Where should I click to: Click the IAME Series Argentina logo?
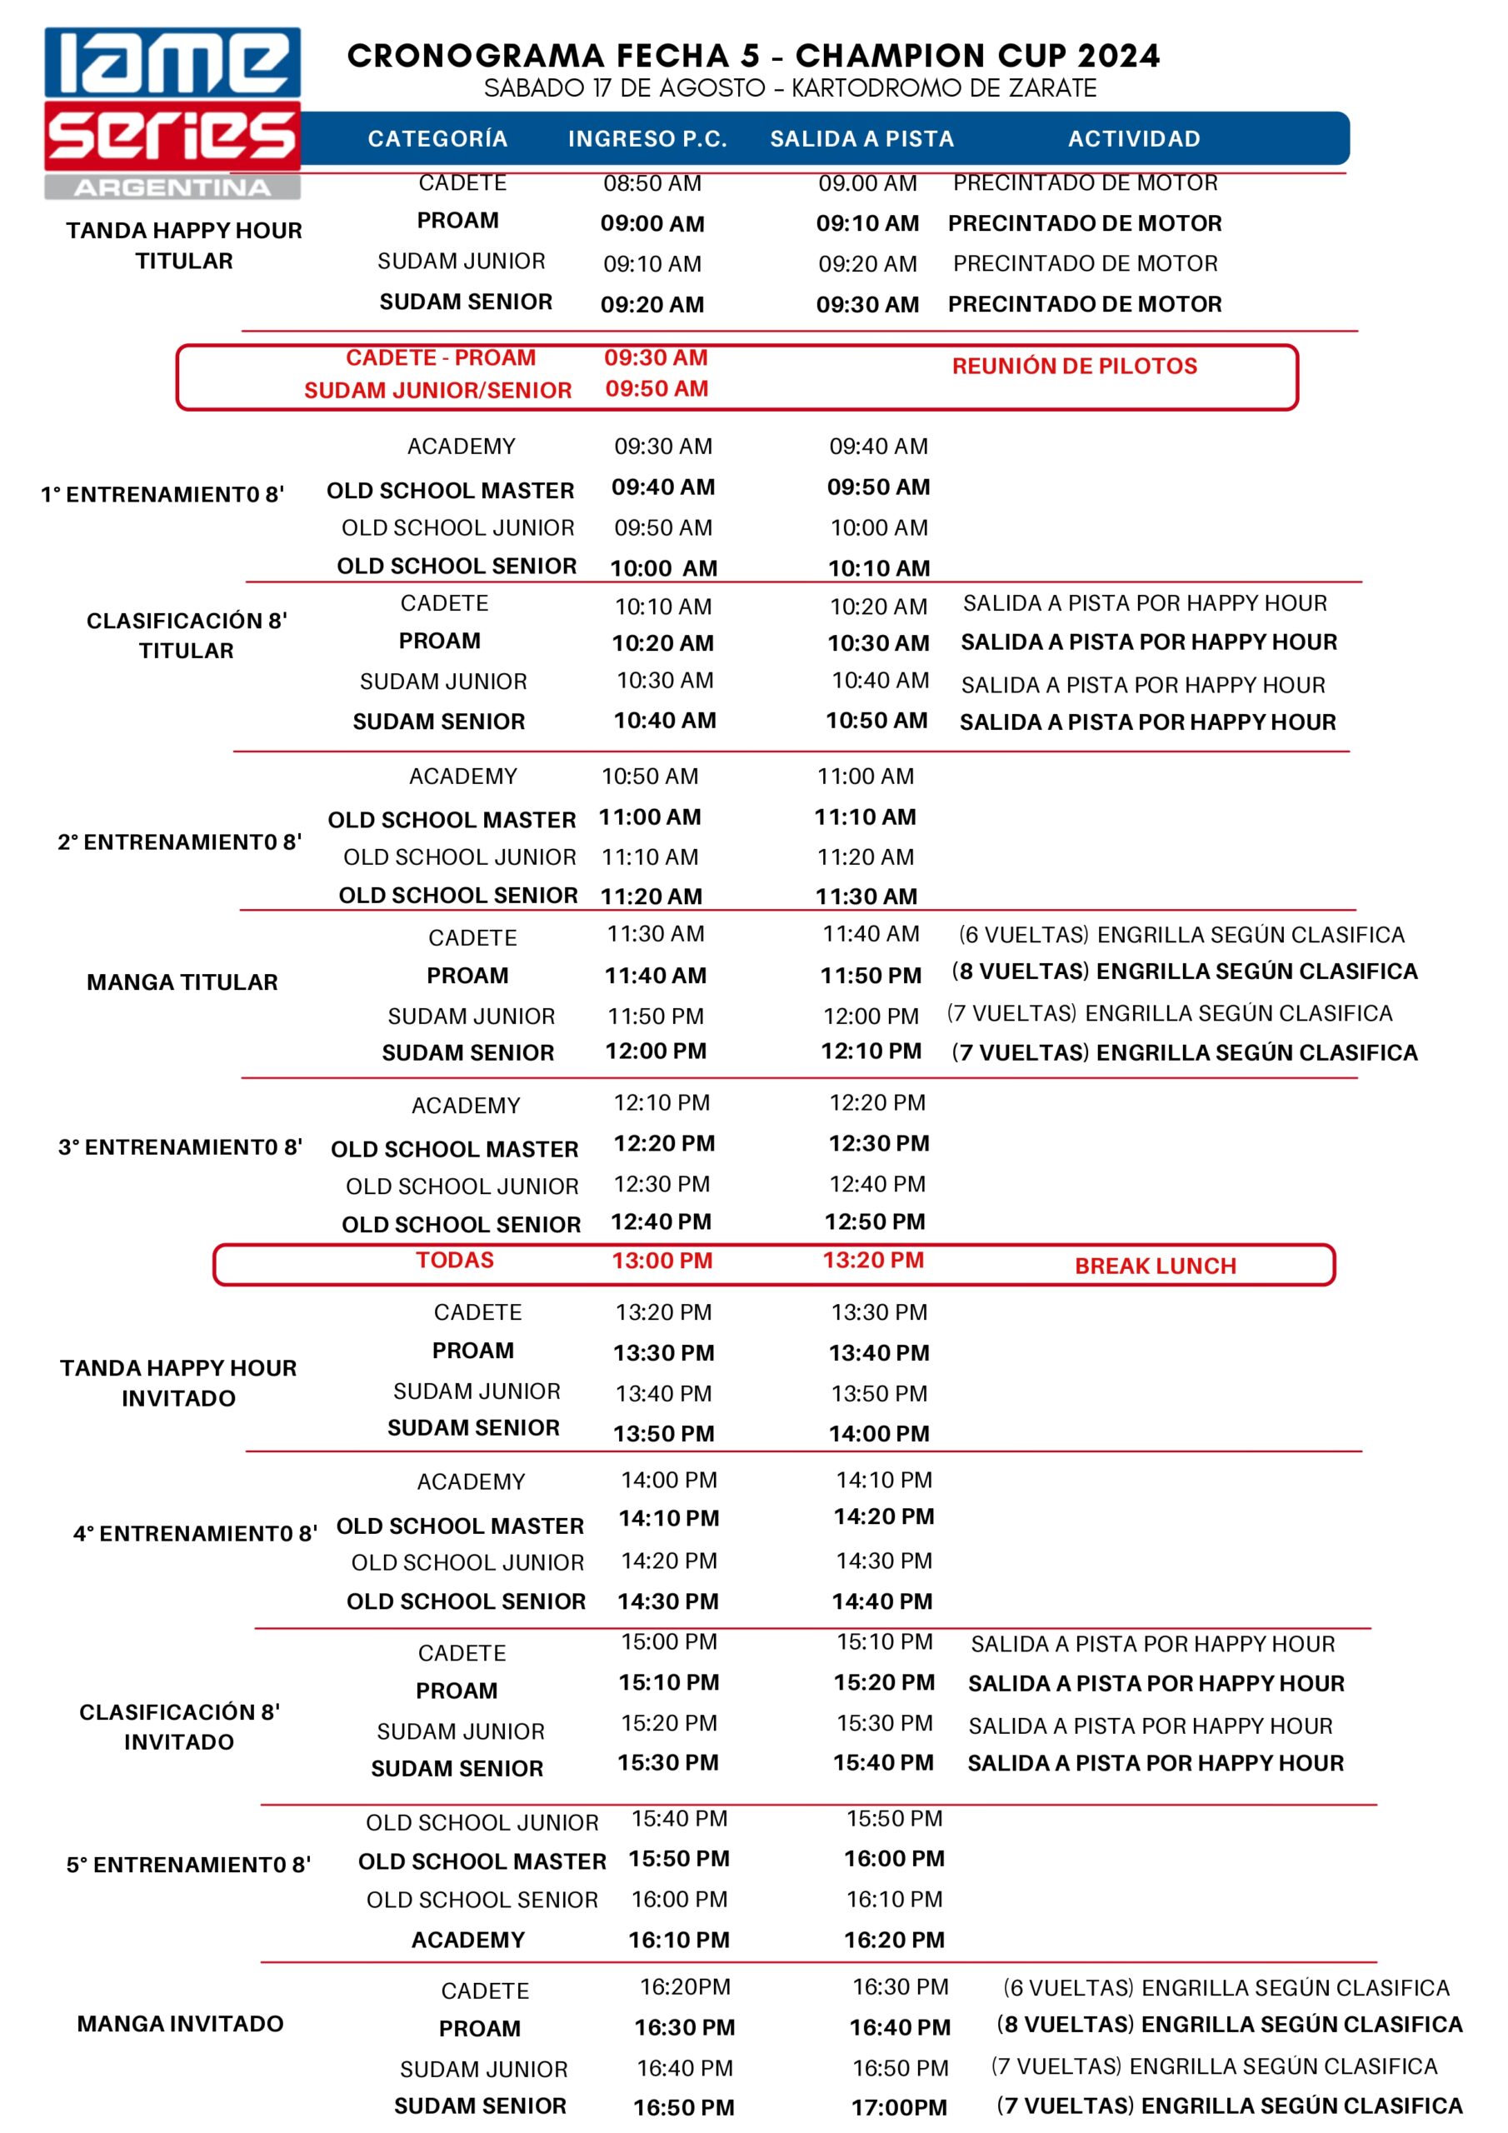click(172, 112)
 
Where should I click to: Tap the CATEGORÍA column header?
click(437, 139)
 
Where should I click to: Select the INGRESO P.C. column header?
click(647, 139)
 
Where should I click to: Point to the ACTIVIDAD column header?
click(1134, 139)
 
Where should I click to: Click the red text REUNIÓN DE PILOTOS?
click(1074, 366)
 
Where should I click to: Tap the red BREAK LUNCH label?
click(1155, 1266)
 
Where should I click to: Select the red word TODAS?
click(454, 1261)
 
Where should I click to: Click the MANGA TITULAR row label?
click(182, 982)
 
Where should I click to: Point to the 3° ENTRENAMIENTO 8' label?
click(180, 1147)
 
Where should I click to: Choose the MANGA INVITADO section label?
click(180, 2023)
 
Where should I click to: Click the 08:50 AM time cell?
click(652, 183)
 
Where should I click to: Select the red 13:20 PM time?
click(872, 1261)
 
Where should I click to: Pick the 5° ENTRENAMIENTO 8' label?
click(188, 1865)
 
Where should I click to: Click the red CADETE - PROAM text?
click(441, 357)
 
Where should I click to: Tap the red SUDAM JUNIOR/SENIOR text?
click(437, 390)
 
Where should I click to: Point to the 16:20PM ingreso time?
click(685, 1987)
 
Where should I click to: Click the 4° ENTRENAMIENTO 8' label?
click(195, 1534)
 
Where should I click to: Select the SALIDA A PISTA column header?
click(861, 139)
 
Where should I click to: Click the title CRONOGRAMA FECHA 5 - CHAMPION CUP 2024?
click(753, 56)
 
